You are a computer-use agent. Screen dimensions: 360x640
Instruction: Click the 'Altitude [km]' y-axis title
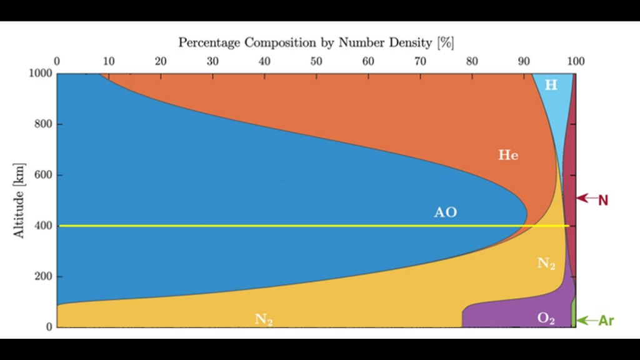tap(19, 201)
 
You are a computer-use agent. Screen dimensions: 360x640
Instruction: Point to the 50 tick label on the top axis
tap(316, 61)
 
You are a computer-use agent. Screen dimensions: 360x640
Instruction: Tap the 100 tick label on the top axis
tap(576, 61)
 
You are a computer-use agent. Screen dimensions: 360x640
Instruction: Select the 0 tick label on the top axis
tap(57, 61)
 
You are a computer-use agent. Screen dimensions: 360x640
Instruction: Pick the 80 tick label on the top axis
tap(472, 61)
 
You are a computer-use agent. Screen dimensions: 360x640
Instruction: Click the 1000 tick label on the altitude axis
tap(41, 74)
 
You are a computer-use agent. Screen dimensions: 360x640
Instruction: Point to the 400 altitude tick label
tap(43, 226)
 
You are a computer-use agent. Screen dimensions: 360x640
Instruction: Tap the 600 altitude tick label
tap(43, 175)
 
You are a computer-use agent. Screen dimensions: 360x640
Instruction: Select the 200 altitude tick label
tap(43, 276)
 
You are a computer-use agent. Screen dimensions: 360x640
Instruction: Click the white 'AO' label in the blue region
tap(446, 212)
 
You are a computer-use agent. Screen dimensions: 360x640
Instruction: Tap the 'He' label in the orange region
tap(508, 155)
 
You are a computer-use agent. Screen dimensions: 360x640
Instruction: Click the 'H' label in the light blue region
tap(551, 85)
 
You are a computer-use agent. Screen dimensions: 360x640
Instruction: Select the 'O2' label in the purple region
tap(546, 319)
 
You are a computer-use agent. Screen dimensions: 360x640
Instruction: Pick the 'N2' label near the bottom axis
tap(264, 320)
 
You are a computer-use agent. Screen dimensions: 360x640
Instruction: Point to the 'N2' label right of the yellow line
tap(546, 264)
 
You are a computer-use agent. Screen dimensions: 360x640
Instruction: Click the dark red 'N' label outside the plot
tap(603, 201)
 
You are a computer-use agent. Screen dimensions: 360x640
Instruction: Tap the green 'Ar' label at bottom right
tap(606, 321)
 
